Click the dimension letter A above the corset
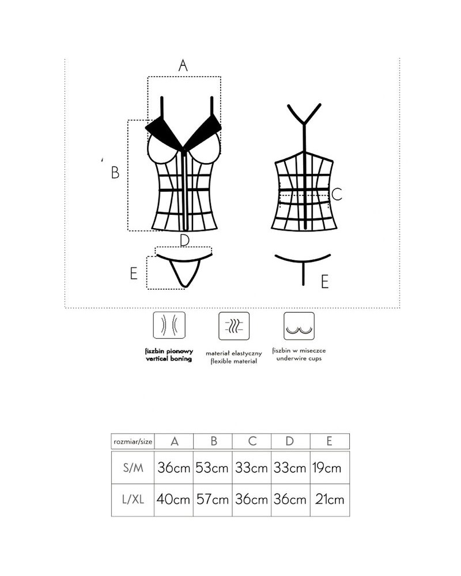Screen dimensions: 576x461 click(183, 65)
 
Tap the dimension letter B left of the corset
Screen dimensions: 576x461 click(115, 172)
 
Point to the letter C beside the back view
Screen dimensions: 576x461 click(337, 195)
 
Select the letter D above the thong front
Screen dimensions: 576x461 click(184, 240)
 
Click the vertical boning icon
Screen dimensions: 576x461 click(168, 327)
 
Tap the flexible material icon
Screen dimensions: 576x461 click(234, 327)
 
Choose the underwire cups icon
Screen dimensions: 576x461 click(299, 327)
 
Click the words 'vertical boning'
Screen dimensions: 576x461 click(168, 358)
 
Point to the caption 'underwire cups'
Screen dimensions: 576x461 click(299, 358)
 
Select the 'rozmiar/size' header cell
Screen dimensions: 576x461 click(133, 442)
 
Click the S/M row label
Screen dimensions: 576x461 click(133, 468)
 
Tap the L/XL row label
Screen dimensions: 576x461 click(133, 499)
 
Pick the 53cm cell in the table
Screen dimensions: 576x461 click(213, 468)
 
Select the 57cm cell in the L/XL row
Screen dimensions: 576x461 click(213, 499)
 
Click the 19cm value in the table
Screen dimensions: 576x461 click(329, 468)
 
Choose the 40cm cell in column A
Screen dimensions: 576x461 click(173, 499)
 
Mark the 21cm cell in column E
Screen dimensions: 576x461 click(329, 499)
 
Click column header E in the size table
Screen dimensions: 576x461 click(329, 442)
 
